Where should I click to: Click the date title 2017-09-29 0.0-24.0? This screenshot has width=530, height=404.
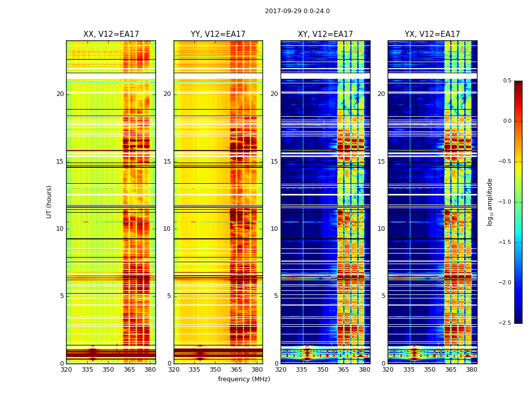point(297,11)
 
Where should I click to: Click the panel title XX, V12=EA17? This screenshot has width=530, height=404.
point(111,34)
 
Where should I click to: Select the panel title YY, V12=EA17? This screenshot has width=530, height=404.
point(218,34)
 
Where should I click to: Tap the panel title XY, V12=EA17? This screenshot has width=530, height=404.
point(325,34)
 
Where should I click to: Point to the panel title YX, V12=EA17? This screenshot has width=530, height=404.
point(432,34)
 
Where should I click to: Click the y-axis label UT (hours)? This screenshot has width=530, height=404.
point(49,201)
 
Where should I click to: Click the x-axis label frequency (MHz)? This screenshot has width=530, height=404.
point(244,379)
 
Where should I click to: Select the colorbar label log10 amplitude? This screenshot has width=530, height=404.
point(490,201)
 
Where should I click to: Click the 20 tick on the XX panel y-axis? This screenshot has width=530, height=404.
point(60,94)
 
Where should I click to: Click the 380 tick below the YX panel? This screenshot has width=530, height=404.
point(471,370)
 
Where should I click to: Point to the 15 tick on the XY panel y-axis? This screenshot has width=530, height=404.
point(274,162)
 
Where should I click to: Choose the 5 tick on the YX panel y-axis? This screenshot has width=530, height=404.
point(383,296)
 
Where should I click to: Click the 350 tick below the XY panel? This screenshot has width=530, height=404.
point(323,370)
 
